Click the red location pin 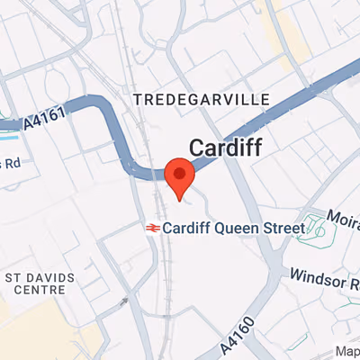pos(181,175)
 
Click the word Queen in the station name pos(235,228)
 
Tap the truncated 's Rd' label pos(11,163)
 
